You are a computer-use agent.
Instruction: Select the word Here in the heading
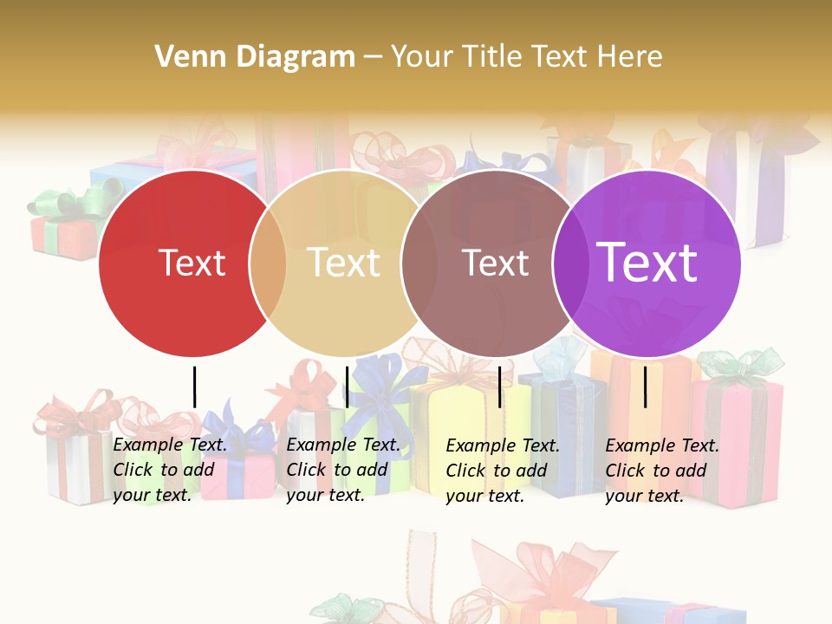[x=631, y=57]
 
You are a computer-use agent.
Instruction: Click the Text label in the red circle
[x=192, y=263]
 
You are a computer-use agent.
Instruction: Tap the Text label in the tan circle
[x=344, y=263]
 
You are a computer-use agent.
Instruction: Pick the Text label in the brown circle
[x=496, y=263]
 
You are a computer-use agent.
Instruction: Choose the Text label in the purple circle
[x=647, y=263]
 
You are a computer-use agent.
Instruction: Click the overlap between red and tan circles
[x=268, y=263]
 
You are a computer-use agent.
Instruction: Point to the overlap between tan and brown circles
[x=419, y=263]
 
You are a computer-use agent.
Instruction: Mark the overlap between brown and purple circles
[x=570, y=263]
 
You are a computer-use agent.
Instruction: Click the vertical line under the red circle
[x=195, y=387]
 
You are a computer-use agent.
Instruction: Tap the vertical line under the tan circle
[x=347, y=387]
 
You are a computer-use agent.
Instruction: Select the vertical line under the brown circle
[x=500, y=387]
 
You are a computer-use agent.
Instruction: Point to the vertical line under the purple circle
[x=645, y=387]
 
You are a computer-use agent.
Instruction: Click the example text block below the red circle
[x=170, y=470]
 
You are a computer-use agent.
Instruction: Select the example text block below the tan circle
[x=343, y=470]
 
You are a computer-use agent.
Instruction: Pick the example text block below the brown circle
[x=503, y=471]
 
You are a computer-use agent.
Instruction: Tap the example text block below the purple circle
[x=662, y=471]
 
